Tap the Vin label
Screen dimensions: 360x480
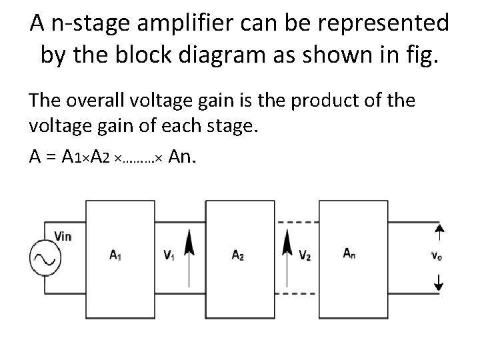pos(62,235)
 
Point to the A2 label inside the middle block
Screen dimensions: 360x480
pos(237,254)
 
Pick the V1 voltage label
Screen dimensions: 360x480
pos(169,254)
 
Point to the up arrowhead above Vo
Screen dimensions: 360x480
pos(439,230)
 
